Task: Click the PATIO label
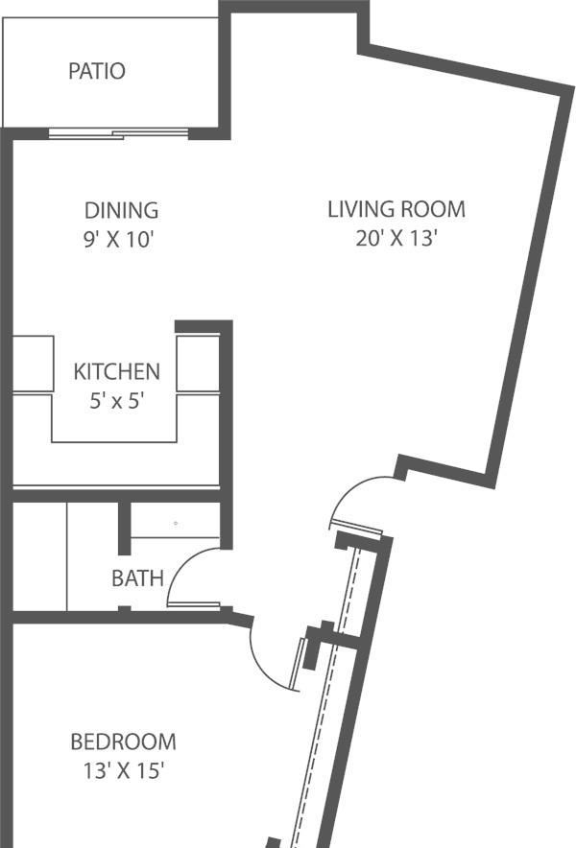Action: [x=97, y=71]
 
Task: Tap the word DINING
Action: [x=122, y=210]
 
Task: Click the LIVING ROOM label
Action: [x=396, y=209]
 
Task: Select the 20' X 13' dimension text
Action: [x=396, y=237]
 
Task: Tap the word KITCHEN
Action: [x=117, y=371]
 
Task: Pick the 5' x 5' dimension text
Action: [x=117, y=401]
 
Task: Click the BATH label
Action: [x=137, y=578]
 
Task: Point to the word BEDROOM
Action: [x=124, y=742]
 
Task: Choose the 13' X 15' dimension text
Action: [x=124, y=770]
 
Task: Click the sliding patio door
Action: [x=118, y=133]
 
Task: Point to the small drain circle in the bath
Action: [x=176, y=523]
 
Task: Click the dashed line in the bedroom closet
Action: [x=324, y=697]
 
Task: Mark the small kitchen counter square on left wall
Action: [x=33, y=364]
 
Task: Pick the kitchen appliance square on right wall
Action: [x=198, y=364]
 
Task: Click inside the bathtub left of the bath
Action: [x=39, y=556]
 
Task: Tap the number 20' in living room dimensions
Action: [x=369, y=237]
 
